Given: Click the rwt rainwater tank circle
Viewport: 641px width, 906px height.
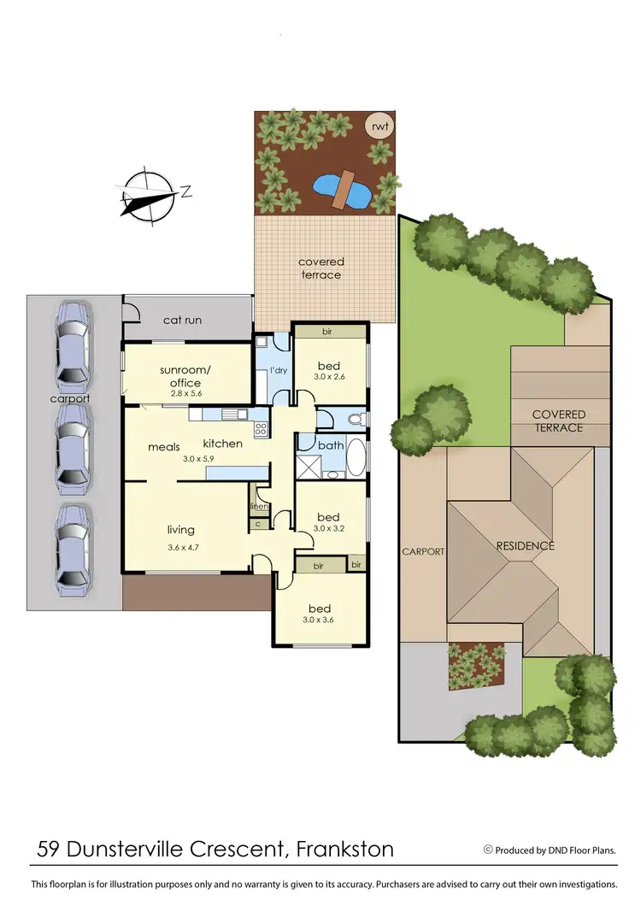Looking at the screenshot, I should pyautogui.click(x=380, y=126).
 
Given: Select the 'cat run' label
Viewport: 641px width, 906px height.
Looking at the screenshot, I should pyautogui.click(x=182, y=320).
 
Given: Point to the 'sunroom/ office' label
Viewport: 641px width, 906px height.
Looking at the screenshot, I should pyautogui.click(x=179, y=376).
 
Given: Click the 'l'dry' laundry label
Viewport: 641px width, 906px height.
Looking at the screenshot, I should pyautogui.click(x=279, y=370).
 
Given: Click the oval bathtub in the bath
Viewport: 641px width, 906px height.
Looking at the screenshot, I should pyautogui.click(x=356, y=458).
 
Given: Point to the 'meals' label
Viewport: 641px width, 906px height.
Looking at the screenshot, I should pyautogui.click(x=163, y=446).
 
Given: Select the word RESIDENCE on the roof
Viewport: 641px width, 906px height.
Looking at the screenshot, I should pyautogui.click(x=526, y=545).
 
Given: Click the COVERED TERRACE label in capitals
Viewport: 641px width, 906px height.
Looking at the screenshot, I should pyautogui.click(x=558, y=421).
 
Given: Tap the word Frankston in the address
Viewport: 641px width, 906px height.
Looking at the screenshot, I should pyautogui.click(x=345, y=849).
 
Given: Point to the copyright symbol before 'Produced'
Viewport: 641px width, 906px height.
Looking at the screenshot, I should pyautogui.click(x=488, y=850).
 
